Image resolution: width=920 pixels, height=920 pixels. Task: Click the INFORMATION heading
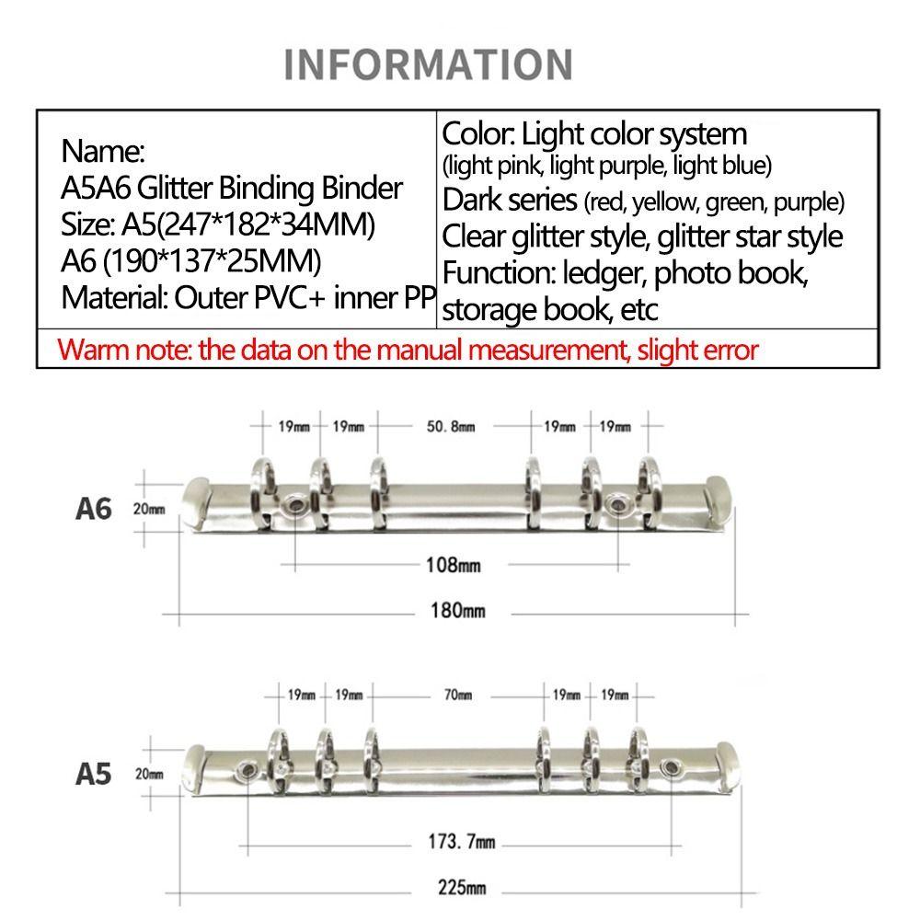[429, 64]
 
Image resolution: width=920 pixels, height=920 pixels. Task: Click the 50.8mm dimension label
[451, 427]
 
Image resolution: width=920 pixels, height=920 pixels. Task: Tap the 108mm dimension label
[453, 565]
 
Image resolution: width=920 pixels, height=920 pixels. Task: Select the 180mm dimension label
[457, 611]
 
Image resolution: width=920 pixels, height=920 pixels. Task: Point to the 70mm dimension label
[457, 696]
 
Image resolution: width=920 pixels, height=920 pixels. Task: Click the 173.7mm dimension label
[461, 842]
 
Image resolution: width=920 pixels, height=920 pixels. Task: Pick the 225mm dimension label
[462, 887]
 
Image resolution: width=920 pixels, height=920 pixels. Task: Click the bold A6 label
[93, 510]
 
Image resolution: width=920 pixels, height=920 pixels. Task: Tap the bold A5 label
[93, 775]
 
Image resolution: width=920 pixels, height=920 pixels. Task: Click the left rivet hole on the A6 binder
[294, 505]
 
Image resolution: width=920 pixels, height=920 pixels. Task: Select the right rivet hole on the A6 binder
[616, 503]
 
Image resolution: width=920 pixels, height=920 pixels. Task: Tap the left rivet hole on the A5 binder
[247, 769]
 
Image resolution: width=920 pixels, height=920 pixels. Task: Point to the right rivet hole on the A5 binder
[670, 767]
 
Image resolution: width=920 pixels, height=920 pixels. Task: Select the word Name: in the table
[103, 152]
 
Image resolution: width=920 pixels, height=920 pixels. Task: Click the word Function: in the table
[499, 273]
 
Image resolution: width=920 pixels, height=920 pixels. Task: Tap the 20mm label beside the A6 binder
[149, 510]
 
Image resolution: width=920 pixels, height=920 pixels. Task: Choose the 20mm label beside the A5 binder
[150, 775]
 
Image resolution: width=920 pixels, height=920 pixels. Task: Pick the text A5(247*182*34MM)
[248, 224]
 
